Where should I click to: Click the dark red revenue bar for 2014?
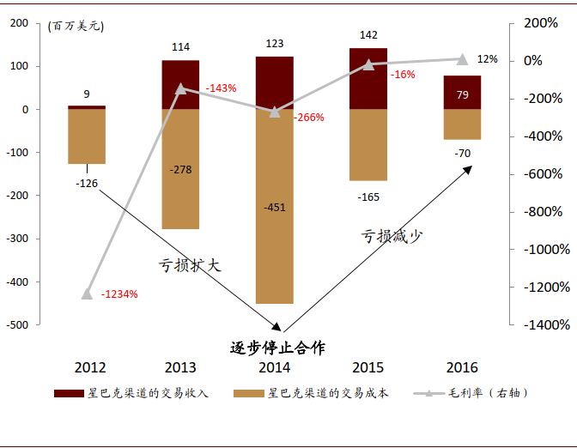[275, 82]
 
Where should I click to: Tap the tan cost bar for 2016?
[462, 124]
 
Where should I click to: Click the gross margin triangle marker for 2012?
[87, 294]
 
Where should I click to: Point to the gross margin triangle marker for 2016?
[462, 59]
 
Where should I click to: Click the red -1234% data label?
[119, 294]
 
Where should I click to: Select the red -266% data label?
[309, 118]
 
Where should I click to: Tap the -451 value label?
[275, 207]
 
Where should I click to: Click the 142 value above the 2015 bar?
[368, 35]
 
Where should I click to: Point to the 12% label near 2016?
[487, 59]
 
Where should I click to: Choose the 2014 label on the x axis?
[275, 368]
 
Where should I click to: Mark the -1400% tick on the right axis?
[546, 325]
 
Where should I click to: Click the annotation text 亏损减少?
[392, 236]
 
